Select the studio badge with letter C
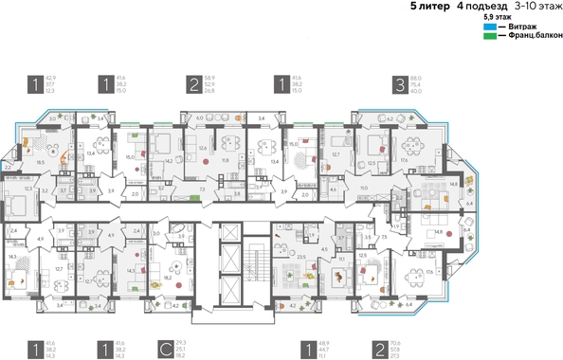[166, 350]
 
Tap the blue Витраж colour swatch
[489, 27]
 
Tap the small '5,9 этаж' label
[495, 17]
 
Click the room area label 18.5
[40, 163]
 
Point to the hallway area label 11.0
[363, 189]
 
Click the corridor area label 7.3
[206, 189]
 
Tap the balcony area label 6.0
[200, 119]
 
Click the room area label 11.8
[225, 161]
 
